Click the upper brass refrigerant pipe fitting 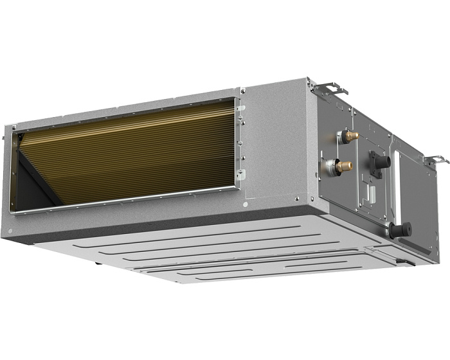350,136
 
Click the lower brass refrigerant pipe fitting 344,166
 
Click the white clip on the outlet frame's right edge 240,173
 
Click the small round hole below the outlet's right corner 245,204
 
